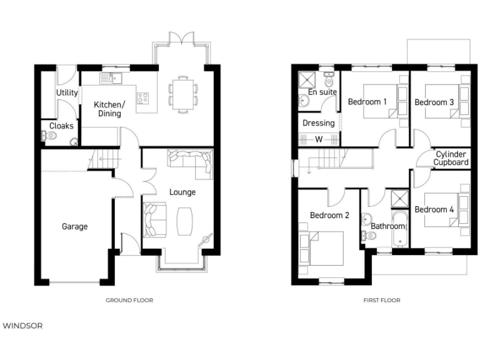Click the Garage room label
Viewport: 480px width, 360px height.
74,226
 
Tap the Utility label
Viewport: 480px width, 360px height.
67,93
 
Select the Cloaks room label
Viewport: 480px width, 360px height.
61,126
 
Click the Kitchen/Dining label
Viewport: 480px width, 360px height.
109,109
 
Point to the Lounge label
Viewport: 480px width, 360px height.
182,192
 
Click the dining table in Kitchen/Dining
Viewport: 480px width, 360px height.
182,93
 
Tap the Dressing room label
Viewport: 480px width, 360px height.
318,123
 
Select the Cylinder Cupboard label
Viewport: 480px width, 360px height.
451,158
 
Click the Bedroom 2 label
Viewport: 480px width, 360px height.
329,216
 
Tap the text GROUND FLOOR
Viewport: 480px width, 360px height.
129,301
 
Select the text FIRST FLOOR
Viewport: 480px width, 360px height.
381,301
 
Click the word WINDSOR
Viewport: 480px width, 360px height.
22,326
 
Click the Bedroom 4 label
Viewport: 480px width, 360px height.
434,209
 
